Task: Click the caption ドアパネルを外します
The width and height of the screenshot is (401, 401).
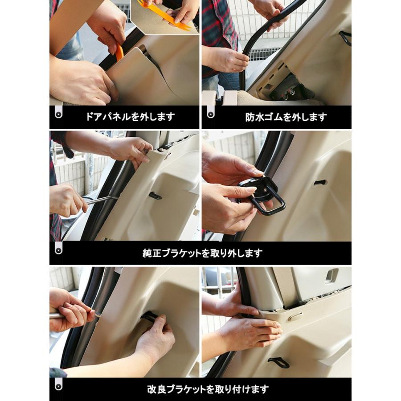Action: (130, 117)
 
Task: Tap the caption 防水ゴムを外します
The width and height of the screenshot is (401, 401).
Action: (286, 117)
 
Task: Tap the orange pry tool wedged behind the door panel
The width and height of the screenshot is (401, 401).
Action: (119, 53)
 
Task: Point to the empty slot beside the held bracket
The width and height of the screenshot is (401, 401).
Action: (319, 183)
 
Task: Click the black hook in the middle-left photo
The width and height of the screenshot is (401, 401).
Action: (155, 196)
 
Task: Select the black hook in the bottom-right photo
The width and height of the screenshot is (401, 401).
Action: (278, 362)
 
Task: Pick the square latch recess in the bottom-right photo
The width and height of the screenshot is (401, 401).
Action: (331, 276)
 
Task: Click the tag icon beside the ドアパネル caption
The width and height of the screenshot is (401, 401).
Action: (58, 114)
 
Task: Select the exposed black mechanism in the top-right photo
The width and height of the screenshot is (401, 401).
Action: (290, 87)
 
